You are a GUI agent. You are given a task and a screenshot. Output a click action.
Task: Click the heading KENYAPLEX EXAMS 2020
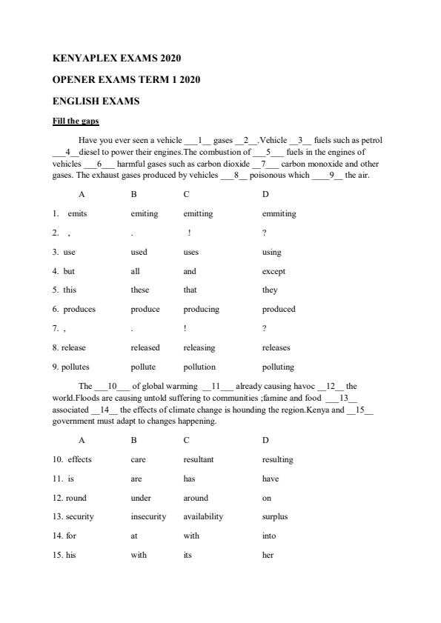point(117,58)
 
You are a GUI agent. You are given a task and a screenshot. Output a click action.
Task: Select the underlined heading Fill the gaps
point(76,121)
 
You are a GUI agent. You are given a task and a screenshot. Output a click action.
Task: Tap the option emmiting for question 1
point(279,214)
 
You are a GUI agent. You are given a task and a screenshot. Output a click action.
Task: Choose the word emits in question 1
point(77,214)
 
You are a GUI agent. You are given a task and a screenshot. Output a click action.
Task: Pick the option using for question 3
point(271,253)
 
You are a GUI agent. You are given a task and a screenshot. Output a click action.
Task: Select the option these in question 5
point(139,290)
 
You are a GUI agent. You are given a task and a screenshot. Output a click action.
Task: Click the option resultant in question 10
point(199,460)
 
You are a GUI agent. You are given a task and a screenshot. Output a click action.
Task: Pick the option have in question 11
point(271,479)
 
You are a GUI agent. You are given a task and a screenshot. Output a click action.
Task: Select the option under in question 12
point(141,499)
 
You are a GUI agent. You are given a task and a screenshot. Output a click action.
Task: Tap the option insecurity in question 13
point(148,517)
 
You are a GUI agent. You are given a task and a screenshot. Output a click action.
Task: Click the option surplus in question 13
point(274,517)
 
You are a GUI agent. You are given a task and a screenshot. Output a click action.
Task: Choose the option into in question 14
point(268,536)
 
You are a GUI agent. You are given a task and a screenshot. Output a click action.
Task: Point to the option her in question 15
point(268,556)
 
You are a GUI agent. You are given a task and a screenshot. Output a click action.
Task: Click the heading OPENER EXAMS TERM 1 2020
point(127,79)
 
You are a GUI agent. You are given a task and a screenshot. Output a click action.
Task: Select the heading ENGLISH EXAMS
point(96,101)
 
